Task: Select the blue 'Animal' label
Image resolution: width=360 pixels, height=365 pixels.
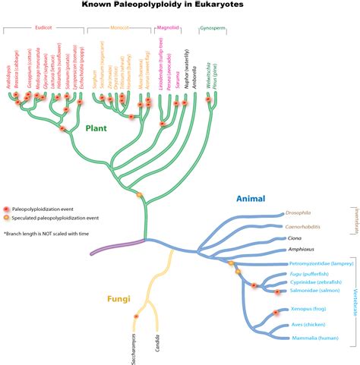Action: [250, 199]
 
